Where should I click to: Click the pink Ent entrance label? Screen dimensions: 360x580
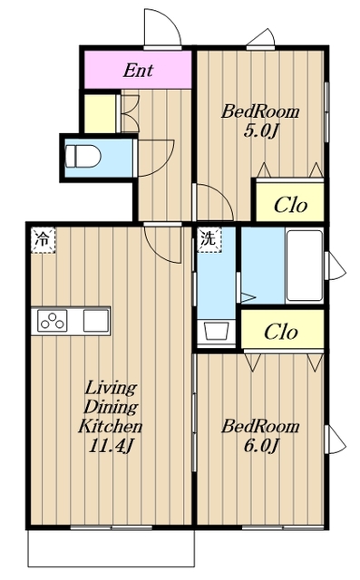pos(138,70)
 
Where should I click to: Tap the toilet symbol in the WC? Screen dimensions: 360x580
pos(83,157)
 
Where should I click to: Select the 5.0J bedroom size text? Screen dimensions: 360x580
pos(260,130)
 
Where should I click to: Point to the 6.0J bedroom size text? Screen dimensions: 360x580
pos(260,446)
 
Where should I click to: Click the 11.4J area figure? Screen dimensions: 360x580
pos(111,446)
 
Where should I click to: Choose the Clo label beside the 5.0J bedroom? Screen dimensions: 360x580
pos(290,204)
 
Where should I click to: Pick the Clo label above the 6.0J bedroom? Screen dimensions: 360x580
pos(281,332)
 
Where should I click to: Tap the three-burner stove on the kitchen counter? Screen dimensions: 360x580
pos(53,321)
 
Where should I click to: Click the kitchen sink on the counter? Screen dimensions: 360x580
pos(96,321)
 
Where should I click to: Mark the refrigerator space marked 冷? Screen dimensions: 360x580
pos(43,240)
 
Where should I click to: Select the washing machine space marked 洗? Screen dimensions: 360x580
pos(209,239)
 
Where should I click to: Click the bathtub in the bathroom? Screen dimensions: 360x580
pos(304,266)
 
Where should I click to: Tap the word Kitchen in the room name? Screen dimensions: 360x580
pos(111,426)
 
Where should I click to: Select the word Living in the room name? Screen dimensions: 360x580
pos(111,388)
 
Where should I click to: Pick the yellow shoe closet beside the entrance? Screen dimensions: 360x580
pos(100,113)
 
